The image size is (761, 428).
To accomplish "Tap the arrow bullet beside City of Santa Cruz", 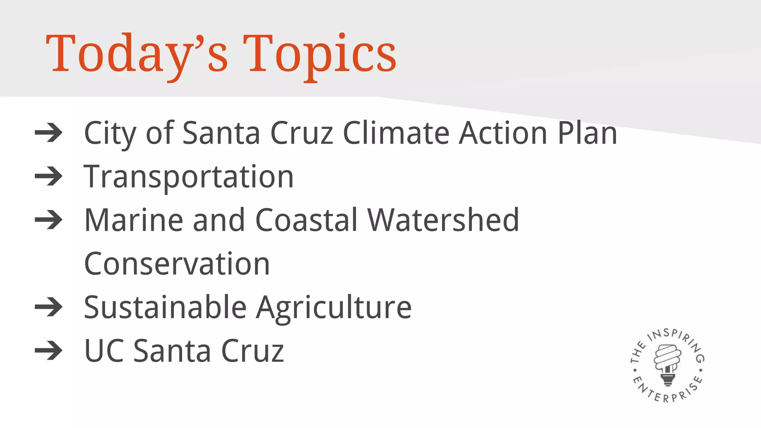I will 49,133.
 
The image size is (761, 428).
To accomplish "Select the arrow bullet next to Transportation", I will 49,176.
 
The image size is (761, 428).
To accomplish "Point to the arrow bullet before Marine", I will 49,220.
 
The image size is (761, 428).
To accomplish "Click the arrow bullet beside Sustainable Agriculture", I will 49,307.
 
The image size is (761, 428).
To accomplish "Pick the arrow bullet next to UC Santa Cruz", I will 49,350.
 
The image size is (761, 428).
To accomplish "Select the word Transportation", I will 189,177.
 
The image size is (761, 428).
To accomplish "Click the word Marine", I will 134,220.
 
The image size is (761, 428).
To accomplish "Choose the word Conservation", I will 177,264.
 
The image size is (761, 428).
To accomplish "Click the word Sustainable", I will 165,307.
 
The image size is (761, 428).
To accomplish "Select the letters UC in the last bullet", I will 104,351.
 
